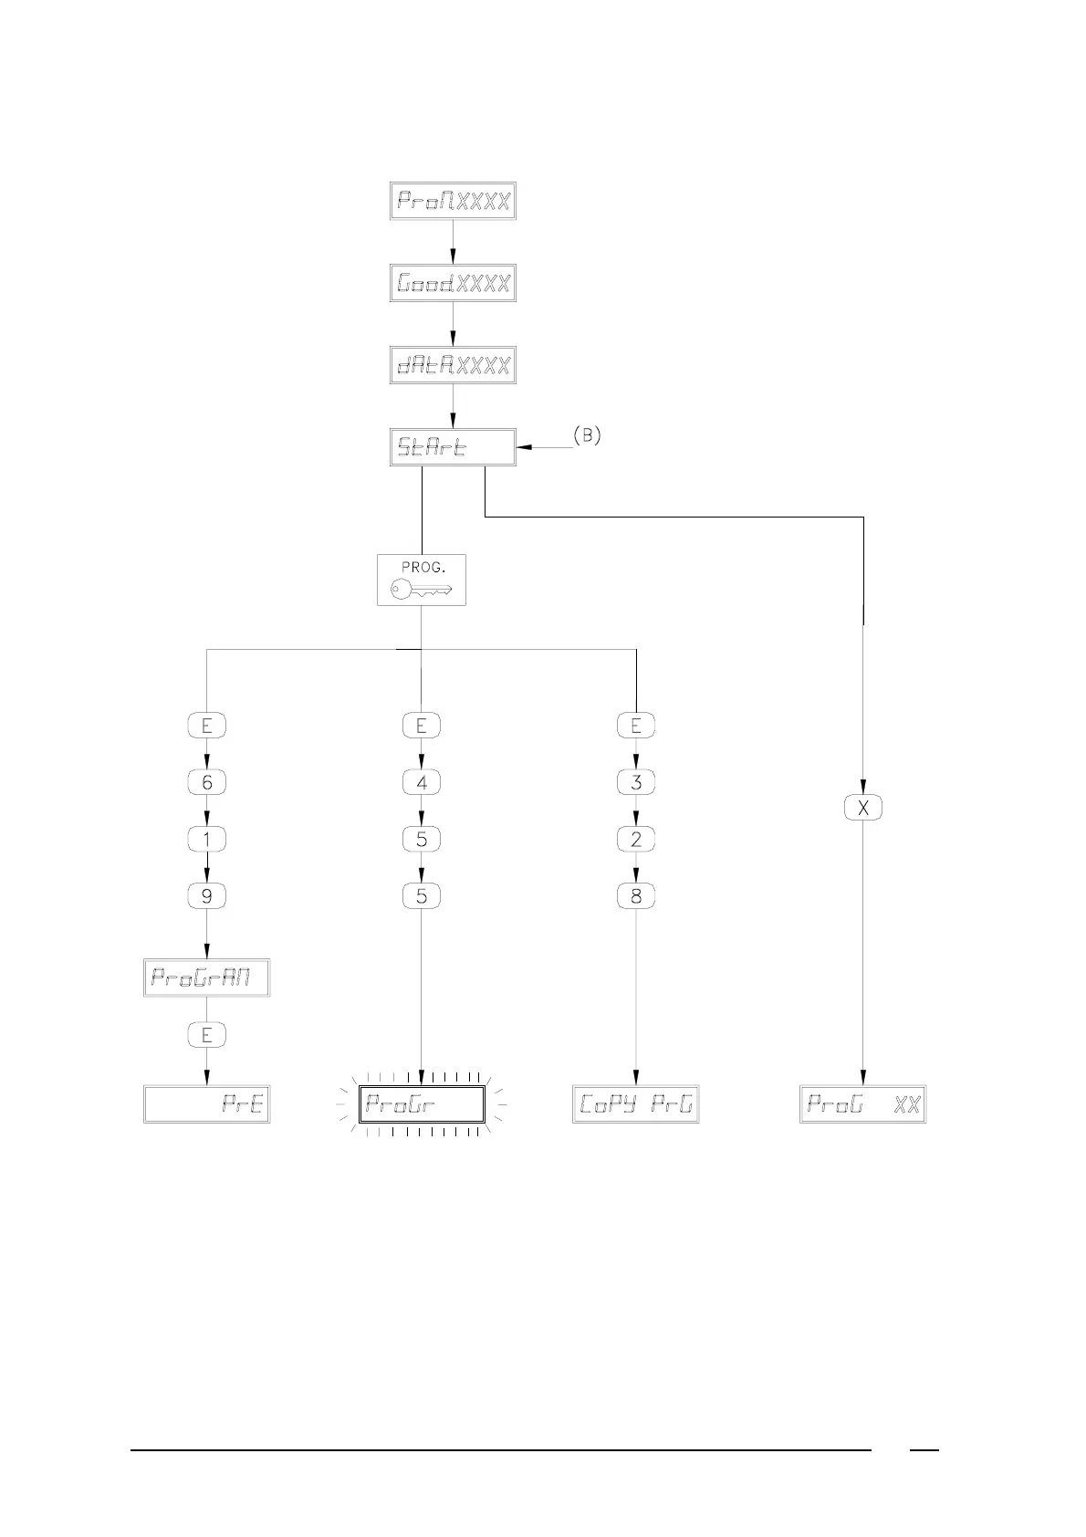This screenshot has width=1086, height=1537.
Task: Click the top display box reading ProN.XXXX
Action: (453, 201)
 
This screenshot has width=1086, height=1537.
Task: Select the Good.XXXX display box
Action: (453, 284)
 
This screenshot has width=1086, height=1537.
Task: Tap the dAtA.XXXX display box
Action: (453, 365)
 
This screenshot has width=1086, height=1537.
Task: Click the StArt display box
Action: (453, 447)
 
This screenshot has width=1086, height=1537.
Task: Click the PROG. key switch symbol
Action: (422, 580)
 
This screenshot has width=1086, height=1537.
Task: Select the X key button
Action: (863, 808)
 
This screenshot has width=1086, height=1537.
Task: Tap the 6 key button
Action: (207, 782)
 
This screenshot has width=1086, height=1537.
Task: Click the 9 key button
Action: (207, 896)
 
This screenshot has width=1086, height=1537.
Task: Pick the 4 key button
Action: (422, 782)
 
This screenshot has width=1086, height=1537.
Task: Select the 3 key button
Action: (636, 782)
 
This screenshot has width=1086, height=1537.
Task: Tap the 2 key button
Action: (636, 840)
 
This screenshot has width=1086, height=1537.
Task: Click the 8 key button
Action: (636, 896)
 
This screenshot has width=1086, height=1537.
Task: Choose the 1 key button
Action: (207, 840)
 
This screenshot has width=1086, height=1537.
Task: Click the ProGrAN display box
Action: (207, 978)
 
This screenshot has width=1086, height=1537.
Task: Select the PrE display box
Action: (207, 1104)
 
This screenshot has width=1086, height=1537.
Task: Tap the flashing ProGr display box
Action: (422, 1104)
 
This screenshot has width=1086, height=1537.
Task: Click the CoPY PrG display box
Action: (636, 1104)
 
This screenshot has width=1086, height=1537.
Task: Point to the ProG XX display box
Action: (863, 1104)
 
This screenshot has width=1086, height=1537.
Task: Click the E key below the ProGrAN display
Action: (207, 1035)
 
